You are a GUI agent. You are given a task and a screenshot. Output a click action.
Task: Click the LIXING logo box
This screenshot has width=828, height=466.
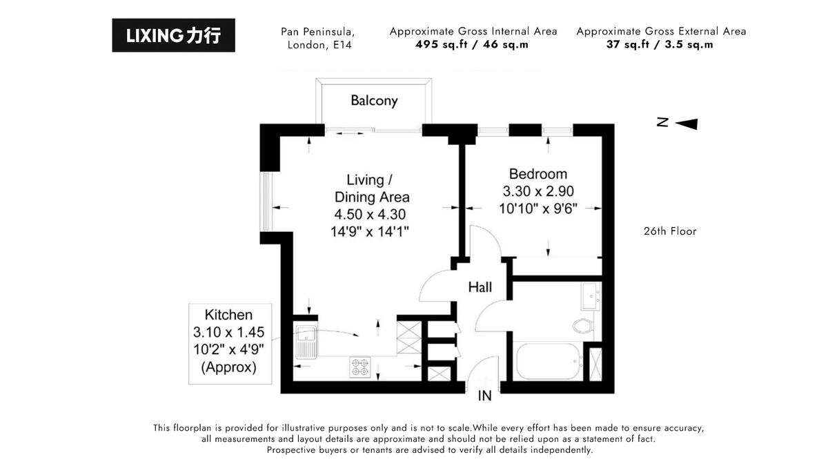[x=173, y=35]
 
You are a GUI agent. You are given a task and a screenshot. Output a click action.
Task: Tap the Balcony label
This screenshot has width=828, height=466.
[x=374, y=101]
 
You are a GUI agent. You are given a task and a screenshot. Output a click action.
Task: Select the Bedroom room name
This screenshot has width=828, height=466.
[x=538, y=174]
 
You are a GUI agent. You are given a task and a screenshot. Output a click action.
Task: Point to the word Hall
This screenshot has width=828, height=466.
[x=480, y=287]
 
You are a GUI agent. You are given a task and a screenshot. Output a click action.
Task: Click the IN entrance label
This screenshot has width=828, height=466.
[x=486, y=397]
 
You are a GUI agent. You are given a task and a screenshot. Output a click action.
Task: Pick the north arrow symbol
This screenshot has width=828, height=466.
[x=685, y=124]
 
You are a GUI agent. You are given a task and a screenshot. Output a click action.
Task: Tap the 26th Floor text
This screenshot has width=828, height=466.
[x=669, y=231]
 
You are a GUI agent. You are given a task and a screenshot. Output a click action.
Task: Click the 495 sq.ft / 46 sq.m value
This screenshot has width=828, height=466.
[x=472, y=45]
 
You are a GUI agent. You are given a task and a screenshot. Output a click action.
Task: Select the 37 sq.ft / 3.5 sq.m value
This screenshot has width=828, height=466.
[x=660, y=45]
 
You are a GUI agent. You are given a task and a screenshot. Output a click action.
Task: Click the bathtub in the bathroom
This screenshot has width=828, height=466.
[x=548, y=360]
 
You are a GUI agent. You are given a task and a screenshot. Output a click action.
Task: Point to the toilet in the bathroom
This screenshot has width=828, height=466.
[x=583, y=324]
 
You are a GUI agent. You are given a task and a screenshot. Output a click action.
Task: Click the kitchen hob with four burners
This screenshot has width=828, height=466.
[x=359, y=366]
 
